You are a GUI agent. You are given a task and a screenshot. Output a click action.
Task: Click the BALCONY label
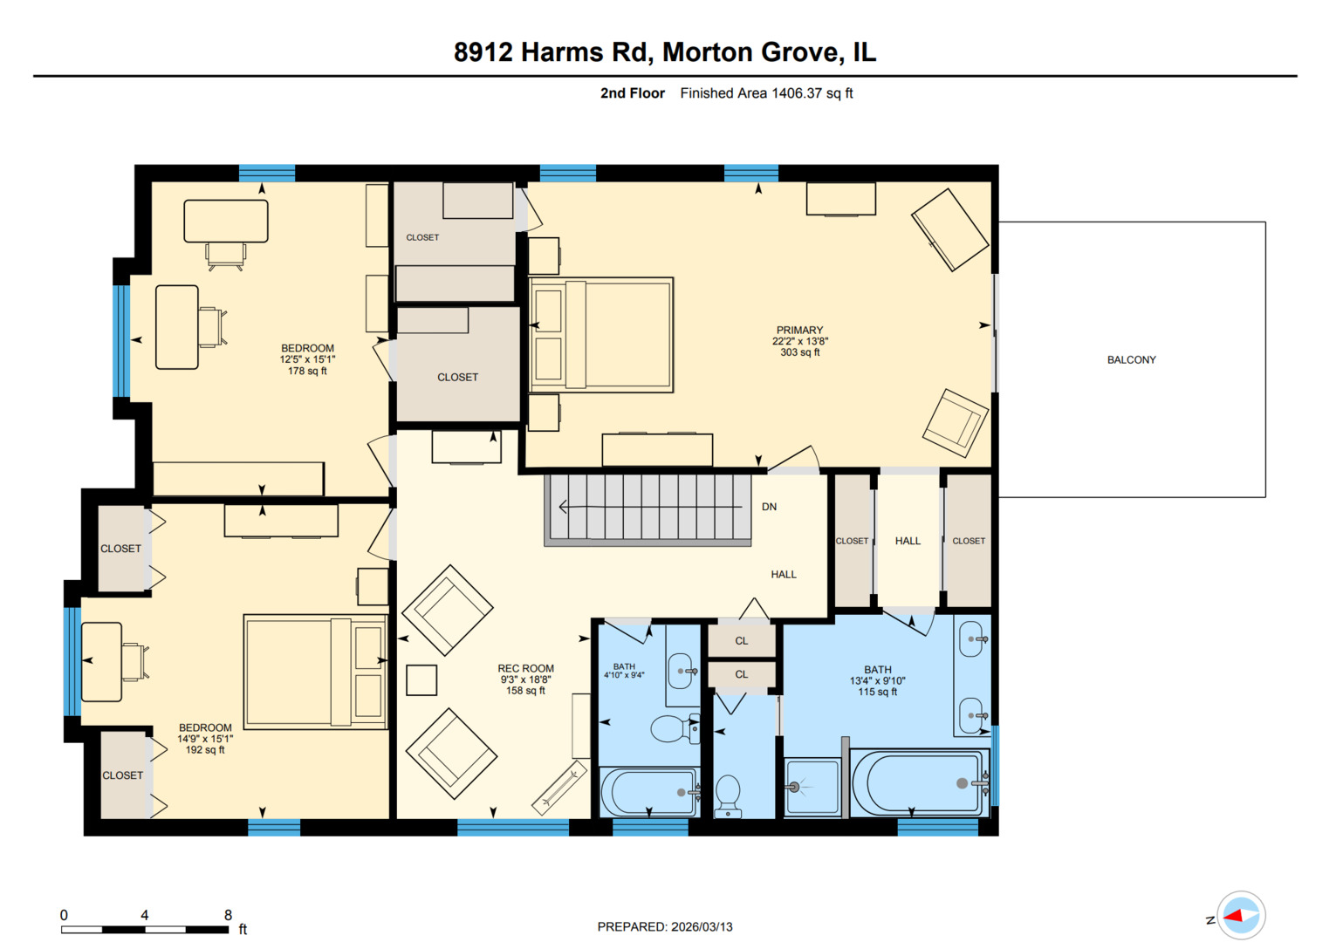[1131, 359]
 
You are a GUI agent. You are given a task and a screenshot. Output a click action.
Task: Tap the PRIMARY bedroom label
[799, 331]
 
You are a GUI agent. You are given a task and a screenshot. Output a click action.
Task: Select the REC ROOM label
[525, 668]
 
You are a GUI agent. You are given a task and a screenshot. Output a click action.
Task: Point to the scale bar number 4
[145, 915]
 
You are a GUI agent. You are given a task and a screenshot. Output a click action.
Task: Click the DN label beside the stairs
[769, 507]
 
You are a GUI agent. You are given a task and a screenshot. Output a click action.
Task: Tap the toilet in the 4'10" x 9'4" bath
[675, 728]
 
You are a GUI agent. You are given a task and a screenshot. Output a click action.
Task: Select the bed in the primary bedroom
[602, 335]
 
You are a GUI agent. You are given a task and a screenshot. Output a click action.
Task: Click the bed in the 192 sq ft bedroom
[314, 672]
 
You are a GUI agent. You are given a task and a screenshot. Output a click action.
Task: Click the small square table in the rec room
[421, 680]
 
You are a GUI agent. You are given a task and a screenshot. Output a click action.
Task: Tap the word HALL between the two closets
[908, 541]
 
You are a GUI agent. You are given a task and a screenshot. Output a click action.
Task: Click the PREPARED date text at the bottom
[665, 926]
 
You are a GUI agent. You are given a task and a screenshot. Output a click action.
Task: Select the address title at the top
[665, 52]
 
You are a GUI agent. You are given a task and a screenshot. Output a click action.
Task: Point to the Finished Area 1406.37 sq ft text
[766, 93]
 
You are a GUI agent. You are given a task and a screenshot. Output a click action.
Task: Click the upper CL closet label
[741, 641]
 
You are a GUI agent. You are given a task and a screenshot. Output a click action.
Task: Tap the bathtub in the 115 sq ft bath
[918, 782]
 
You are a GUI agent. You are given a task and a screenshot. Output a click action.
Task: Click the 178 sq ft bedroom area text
[307, 371]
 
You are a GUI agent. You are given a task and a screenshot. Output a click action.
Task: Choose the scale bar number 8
[228, 915]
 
